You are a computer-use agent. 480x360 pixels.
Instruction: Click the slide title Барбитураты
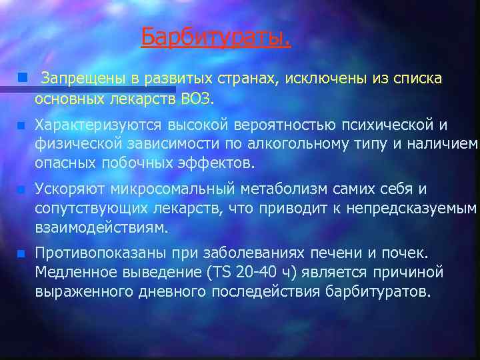tap(216, 37)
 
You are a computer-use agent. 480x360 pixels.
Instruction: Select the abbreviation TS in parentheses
tap(219, 273)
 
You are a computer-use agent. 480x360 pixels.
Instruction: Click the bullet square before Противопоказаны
tap(22, 253)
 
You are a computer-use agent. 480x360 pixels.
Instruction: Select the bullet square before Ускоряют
tap(22, 190)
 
